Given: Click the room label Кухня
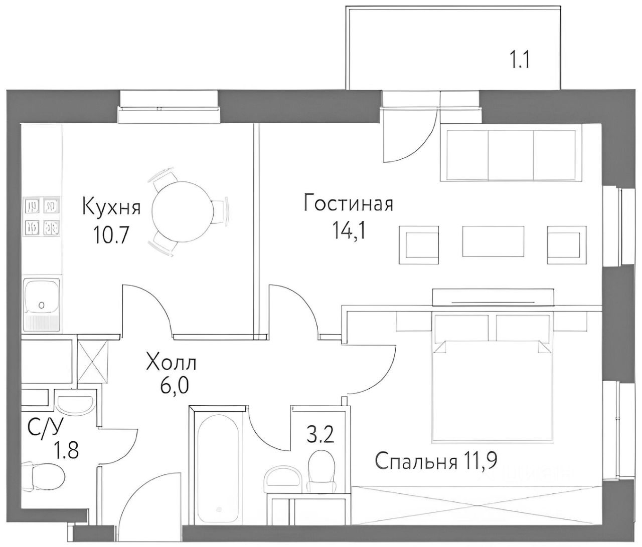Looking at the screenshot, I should pos(111,206).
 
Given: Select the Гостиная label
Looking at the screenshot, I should pos(348,204).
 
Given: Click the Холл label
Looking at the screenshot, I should pos(171,362).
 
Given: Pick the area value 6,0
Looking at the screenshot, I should pos(171,387).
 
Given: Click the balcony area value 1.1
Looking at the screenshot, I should pos(520,61).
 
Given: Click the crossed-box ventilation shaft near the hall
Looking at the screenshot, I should pos(92,362).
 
